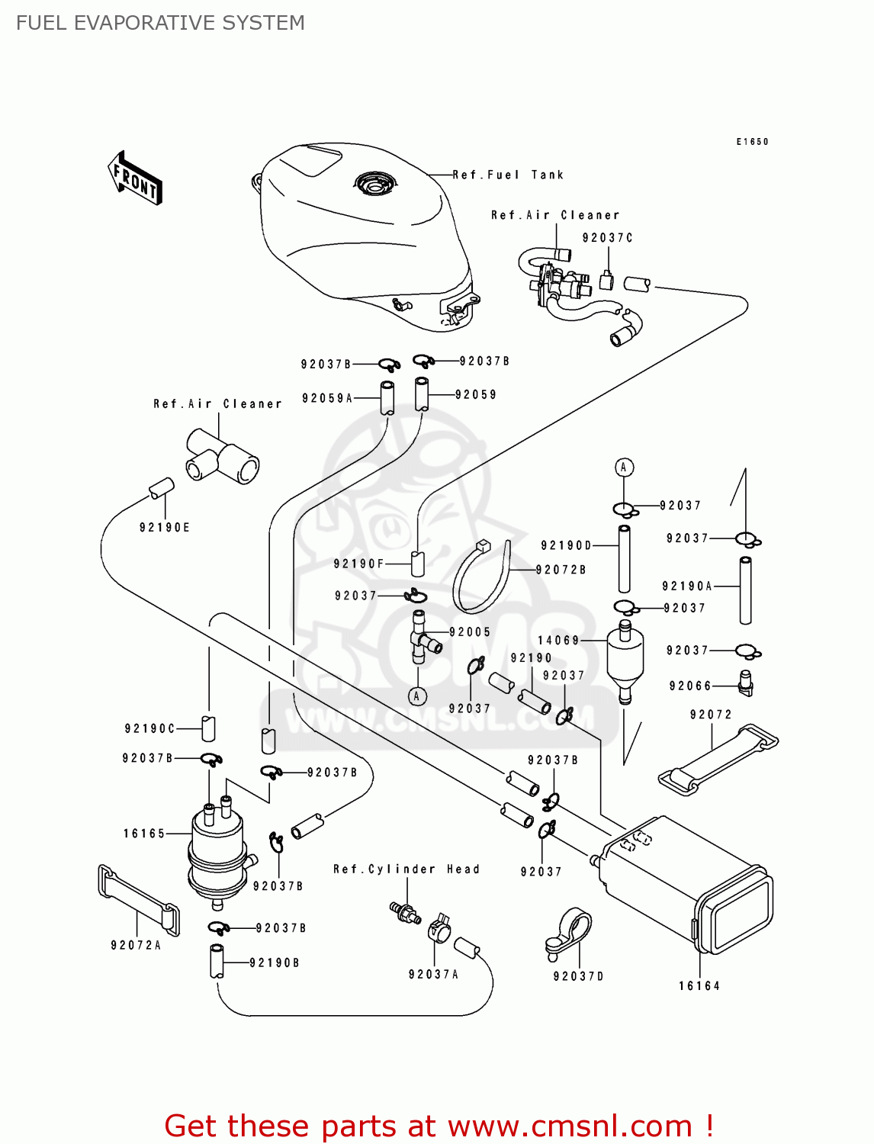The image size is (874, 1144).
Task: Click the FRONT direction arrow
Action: tap(136, 178)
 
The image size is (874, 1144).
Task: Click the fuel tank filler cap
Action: tap(374, 184)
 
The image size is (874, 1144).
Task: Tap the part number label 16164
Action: tap(699, 986)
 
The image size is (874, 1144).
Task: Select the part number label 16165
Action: tap(144, 834)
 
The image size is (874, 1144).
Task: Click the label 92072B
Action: tap(561, 570)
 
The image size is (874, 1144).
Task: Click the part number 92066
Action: tap(690, 686)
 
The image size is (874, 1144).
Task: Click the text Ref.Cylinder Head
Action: tap(406, 869)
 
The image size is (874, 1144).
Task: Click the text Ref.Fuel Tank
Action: tap(508, 175)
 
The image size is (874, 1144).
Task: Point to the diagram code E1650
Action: tap(752, 142)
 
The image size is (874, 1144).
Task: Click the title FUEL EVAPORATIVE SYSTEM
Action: tap(160, 23)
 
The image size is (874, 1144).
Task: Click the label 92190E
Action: tap(164, 527)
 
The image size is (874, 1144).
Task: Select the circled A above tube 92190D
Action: tap(624, 468)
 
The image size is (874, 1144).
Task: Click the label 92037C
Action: tap(607, 238)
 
